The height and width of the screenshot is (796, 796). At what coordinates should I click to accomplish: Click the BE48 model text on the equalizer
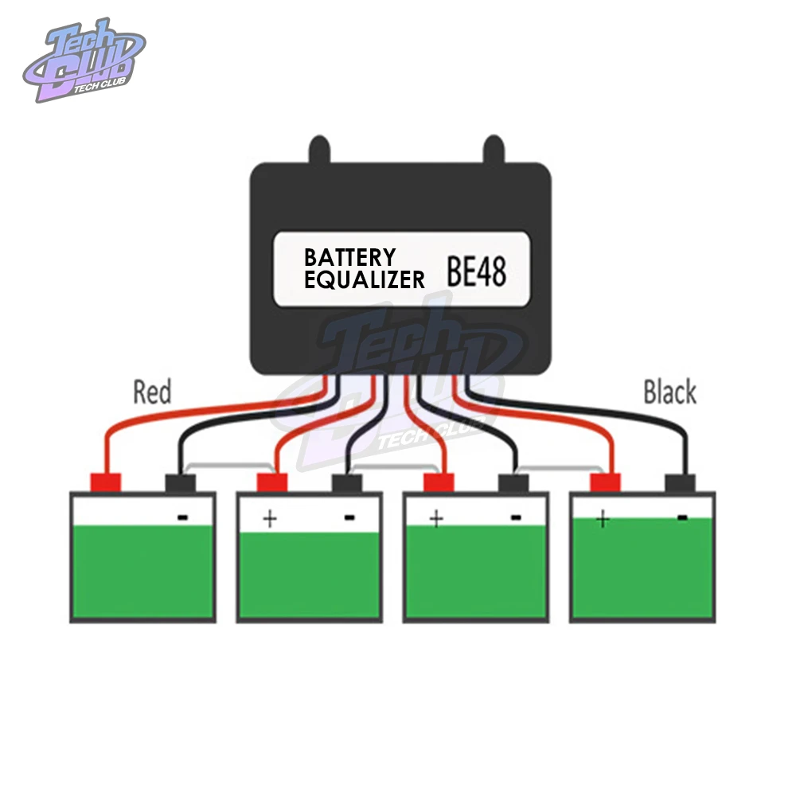[x=476, y=271]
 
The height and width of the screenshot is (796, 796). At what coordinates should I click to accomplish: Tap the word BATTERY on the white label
[x=349, y=257]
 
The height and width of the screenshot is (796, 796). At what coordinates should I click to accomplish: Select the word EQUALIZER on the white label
[x=365, y=279]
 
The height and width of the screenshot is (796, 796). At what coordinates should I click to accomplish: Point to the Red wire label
[x=152, y=392]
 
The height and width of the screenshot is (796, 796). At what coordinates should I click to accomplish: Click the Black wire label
[x=669, y=392]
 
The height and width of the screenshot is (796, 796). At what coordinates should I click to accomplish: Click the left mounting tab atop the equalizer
[x=318, y=150]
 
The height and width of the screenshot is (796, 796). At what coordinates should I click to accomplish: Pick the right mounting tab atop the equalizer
[x=493, y=150]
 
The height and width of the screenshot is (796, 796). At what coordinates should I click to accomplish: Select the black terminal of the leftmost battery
[x=180, y=482]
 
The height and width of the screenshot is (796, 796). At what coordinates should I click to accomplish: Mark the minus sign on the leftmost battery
[x=182, y=517]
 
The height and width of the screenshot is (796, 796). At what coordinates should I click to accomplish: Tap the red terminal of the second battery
[x=271, y=482]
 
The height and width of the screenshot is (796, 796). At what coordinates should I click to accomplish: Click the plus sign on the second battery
[x=270, y=519]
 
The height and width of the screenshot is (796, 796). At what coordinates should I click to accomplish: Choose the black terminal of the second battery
[x=346, y=482]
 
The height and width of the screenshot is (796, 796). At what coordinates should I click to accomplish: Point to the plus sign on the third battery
[x=435, y=518]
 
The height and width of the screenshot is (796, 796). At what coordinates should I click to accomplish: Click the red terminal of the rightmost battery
[x=605, y=482]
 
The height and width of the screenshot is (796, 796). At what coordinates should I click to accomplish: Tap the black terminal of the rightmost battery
[x=681, y=482]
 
